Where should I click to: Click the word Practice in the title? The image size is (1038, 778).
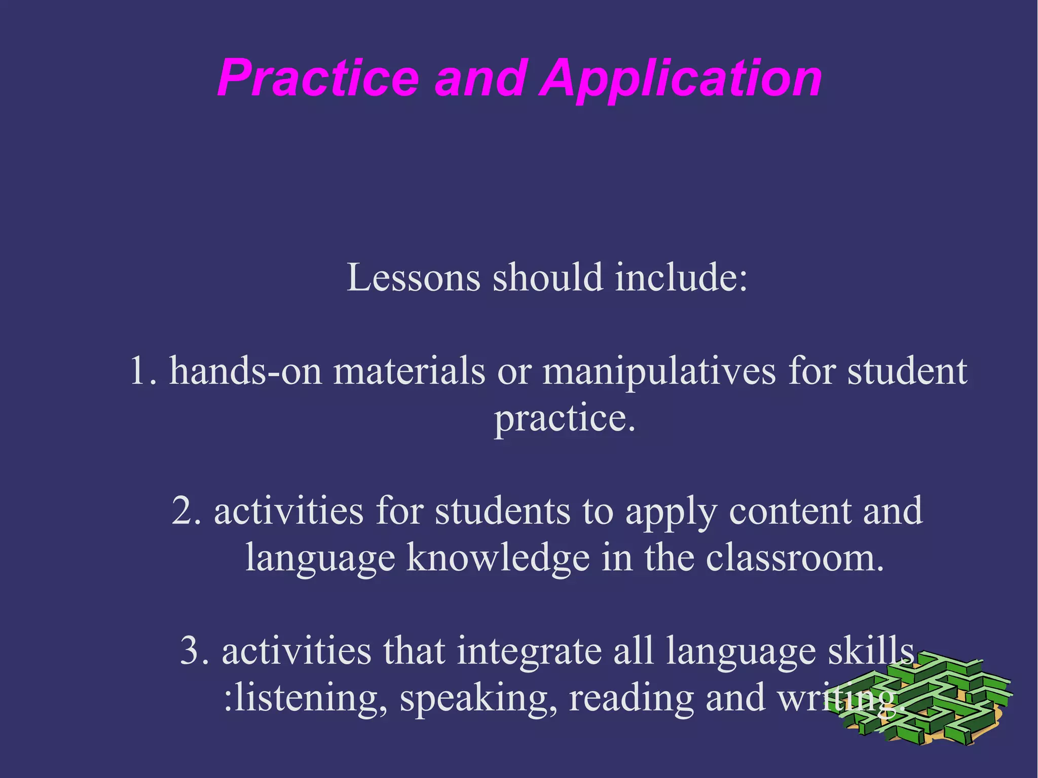click(x=318, y=79)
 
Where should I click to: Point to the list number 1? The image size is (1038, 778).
click(x=142, y=371)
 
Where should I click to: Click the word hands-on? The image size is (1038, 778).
click(x=245, y=371)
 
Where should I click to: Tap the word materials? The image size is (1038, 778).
click(x=409, y=371)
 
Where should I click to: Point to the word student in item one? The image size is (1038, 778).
click(x=907, y=371)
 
